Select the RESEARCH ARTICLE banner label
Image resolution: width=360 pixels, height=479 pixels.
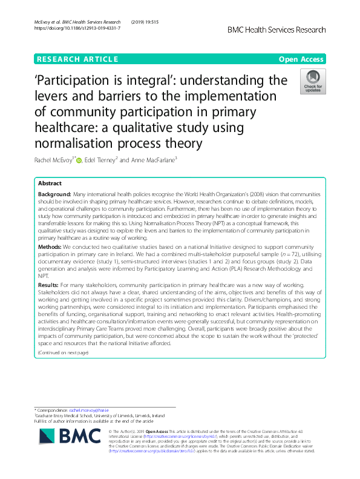[77, 59]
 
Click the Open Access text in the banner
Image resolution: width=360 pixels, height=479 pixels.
[302, 59]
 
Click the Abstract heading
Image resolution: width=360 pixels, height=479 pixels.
[50, 183]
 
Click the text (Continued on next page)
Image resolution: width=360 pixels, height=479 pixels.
[63, 352]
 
